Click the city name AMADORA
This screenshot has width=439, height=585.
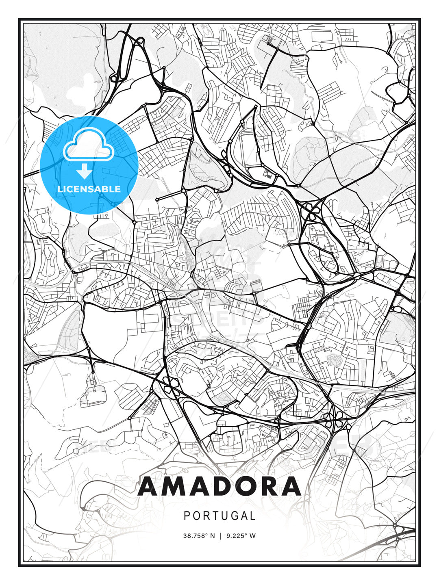tap(219, 487)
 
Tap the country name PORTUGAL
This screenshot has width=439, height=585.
tap(219, 516)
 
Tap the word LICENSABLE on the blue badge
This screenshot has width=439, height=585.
tap(89, 189)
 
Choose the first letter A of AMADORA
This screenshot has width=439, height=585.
tap(150, 487)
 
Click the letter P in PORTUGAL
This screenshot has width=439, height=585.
tap(187, 516)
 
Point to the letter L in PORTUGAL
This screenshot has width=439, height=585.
tap(253, 516)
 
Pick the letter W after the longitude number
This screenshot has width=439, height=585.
tap(252, 536)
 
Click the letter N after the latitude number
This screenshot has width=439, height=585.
tap(212, 536)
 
